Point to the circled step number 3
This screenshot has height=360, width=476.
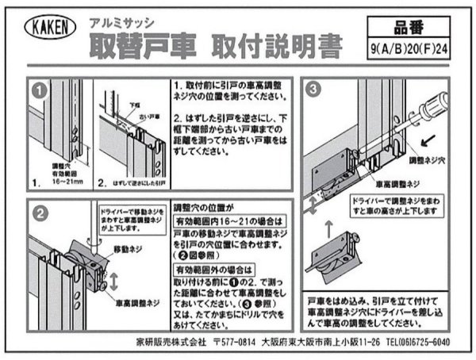click(314, 90)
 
